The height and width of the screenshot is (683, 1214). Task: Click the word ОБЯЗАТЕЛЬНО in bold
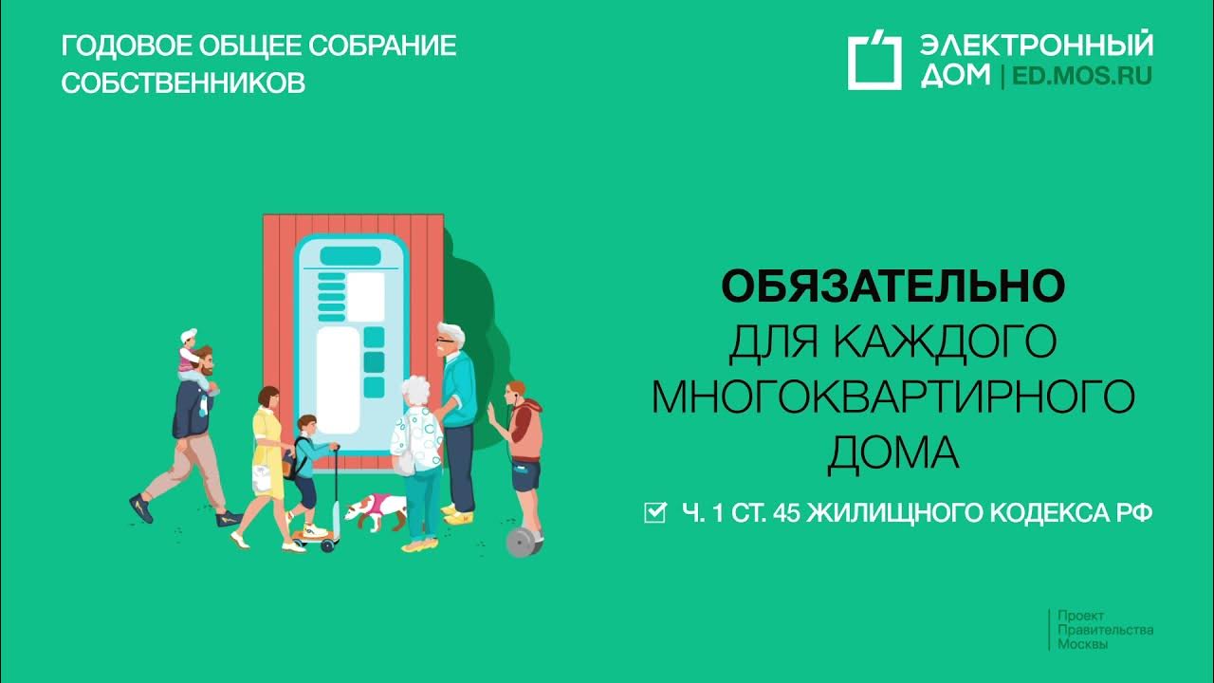pyautogui.click(x=892, y=286)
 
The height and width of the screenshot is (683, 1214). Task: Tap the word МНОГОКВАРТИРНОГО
pyautogui.click(x=892, y=397)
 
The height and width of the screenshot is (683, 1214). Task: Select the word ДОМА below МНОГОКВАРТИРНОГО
pyautogui.click(x=892, y=452)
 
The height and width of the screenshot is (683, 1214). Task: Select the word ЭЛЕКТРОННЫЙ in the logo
pyautogui.click(x=1037, y=45)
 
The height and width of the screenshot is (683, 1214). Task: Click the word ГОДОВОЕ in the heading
pyautogui.click(x=117, y=46)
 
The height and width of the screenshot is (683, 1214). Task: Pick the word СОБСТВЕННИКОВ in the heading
pyautogui.click(x=183, y=83)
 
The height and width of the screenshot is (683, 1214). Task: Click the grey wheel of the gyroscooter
pyautogui.click(x=520, y=543)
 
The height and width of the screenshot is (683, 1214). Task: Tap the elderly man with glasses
pyautogui.click(x=456, y=408)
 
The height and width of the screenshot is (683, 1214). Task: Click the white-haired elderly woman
pyautogui.click(x=417, y=446)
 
